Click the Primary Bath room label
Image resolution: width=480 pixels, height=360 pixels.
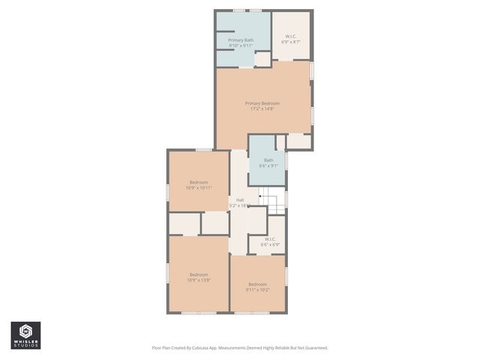point(241,40)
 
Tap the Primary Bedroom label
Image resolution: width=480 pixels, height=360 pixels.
point(262,103)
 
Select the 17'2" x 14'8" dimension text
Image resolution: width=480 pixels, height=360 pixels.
point(262,109)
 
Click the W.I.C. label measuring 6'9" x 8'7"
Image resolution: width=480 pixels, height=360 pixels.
point(291,36)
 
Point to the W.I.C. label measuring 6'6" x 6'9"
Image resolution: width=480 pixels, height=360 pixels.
point(271,239)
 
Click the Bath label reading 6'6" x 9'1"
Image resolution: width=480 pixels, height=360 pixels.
point(268,160)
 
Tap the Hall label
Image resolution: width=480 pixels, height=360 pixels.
point(240,199)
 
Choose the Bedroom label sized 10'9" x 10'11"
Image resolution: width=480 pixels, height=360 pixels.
point(199,182)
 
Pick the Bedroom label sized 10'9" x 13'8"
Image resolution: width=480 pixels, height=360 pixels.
point(199,274)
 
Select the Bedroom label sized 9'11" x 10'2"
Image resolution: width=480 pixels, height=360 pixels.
point(258,283)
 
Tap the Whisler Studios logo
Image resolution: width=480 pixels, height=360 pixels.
point(25,335)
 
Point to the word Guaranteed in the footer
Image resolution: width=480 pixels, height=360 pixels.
point(314,348)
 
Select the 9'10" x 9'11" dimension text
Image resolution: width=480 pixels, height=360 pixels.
point(241,46)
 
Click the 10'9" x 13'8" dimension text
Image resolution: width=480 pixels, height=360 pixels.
point(199,280)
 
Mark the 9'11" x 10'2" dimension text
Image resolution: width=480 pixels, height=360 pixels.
point(258,289)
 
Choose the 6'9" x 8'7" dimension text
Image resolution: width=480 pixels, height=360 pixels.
point(291,42)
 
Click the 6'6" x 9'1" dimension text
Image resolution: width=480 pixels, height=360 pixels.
point(268,166)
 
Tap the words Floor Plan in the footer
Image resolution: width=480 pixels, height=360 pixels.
point(163,348)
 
